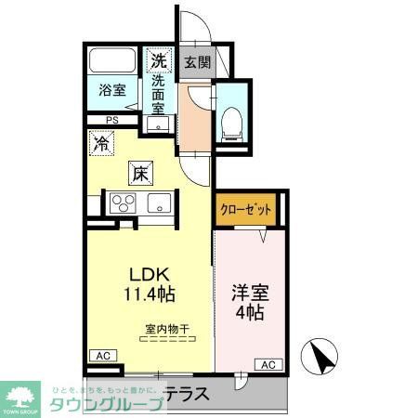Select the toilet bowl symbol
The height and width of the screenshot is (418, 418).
pyautogui.click(x=230, y=122)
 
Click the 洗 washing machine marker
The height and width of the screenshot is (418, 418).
pyautogui.click(x=160, y=60)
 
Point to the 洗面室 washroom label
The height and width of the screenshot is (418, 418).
pyautogui.click(x=160, y=94)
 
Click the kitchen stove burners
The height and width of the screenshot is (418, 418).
pyautogui.click(x=122, y=202)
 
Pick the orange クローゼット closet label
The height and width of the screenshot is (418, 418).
pyautogui.click(x=246, y=210)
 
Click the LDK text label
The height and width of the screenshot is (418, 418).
pyautogui.click(x=148, y=276)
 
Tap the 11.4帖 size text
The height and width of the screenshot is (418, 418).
pyautogui.click(x=148, y=294)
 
